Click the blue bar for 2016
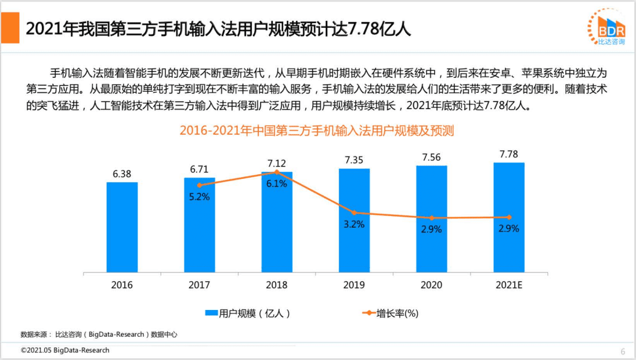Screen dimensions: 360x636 pyautogui.click(x=122, y=227)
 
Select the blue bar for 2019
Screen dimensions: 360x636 pyautogui.click(x=354, y=220)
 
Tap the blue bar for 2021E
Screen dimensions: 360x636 pyautogui.click(x=509, y=217)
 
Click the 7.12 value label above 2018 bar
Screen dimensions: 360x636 pyautogui.click(x=276, y=163)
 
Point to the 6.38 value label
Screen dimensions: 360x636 pyautogui.click(x=122, y=174)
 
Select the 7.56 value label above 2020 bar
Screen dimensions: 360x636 pyautogui.click(x=431, y=157)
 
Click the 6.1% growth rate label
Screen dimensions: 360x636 pyautogui.click(x=277, y=183)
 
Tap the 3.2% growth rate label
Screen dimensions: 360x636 pyautogui.click(x=354, y=224)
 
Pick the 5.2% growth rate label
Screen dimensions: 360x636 pyautogui.click(x=199, y=196)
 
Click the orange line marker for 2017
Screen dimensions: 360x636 pyautogui.click(x=200, y=185)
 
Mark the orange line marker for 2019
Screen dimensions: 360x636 pyautogui.click(x=354, y=213)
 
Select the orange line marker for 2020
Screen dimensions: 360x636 pyautogui.click(x=431, y=218)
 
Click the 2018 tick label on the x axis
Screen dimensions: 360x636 pyautogui.click(x=276, y=285)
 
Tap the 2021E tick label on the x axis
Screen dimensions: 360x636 pyautogui.click(x=509, y=285)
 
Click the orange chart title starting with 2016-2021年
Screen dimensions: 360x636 pyautogui.click(x=316, y=131)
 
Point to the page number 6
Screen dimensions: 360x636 pyautogui.click(x=623, y=351)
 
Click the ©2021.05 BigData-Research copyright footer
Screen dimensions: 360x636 pyautogui.click(x=65, y=351)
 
